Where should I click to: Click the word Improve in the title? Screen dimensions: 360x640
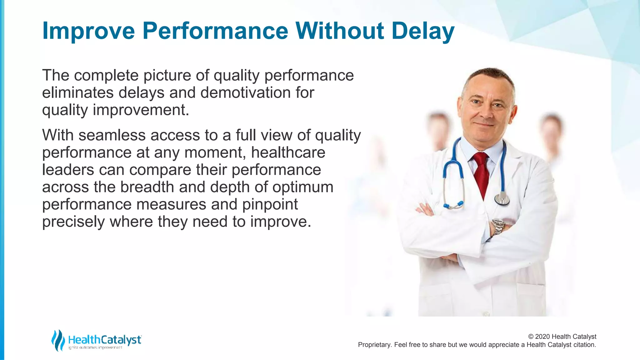point(88,31)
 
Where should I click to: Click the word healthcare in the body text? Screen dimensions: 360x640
point(288,153)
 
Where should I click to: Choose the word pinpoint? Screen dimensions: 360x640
point(270,205)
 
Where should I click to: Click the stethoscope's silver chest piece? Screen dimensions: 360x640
point(502,199)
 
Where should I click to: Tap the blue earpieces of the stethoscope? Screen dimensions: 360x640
point(453,205)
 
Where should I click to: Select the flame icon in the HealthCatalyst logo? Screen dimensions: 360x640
point(58,340)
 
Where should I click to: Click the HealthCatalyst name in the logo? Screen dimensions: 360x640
point(105,339)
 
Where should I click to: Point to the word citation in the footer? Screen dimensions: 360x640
point(584,345)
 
